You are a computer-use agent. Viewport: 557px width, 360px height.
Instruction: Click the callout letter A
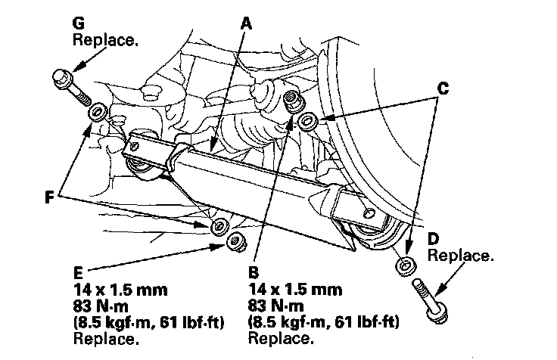245,23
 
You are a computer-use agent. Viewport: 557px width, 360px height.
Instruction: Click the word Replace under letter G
106,39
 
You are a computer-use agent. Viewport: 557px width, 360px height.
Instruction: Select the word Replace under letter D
461,256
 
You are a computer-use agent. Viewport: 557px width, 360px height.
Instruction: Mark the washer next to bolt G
98,113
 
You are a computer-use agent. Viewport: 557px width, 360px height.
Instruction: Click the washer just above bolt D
406,265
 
